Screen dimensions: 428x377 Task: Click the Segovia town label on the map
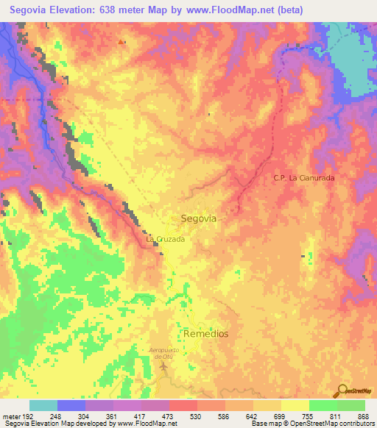(199, 218)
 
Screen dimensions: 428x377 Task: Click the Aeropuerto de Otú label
(165, 352)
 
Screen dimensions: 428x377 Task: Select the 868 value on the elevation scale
(363, 415)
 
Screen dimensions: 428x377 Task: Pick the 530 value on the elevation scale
(194, 415)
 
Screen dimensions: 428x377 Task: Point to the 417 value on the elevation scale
(140, 415)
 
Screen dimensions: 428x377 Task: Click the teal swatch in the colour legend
(43, 405)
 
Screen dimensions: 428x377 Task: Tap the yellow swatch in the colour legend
(295, 405)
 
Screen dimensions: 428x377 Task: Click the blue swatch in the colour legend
(71, 405)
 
